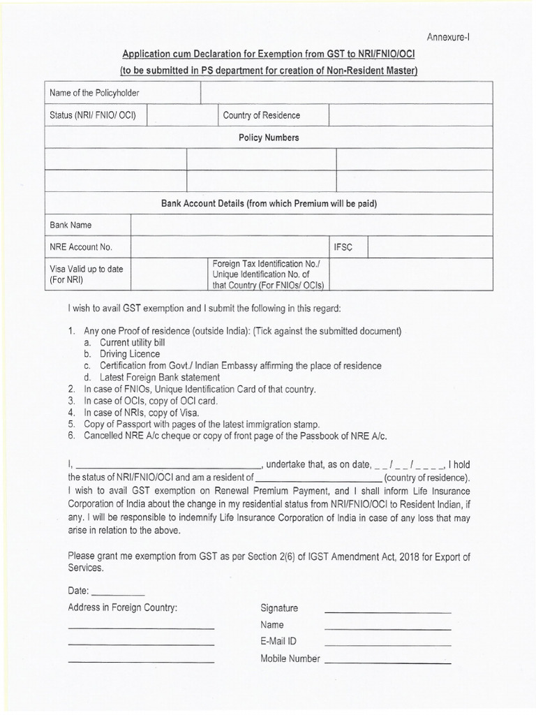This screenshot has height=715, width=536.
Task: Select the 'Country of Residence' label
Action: [261, 115]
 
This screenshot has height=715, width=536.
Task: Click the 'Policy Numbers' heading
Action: [269, 138]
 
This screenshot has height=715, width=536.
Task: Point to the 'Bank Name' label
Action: [70, 225]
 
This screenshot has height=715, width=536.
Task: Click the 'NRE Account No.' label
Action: [80, 247]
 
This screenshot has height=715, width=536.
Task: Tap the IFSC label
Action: [347, 247]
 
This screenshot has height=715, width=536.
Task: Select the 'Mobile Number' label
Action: [290, 658]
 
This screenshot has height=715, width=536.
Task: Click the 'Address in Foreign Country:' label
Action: [123, 607]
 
